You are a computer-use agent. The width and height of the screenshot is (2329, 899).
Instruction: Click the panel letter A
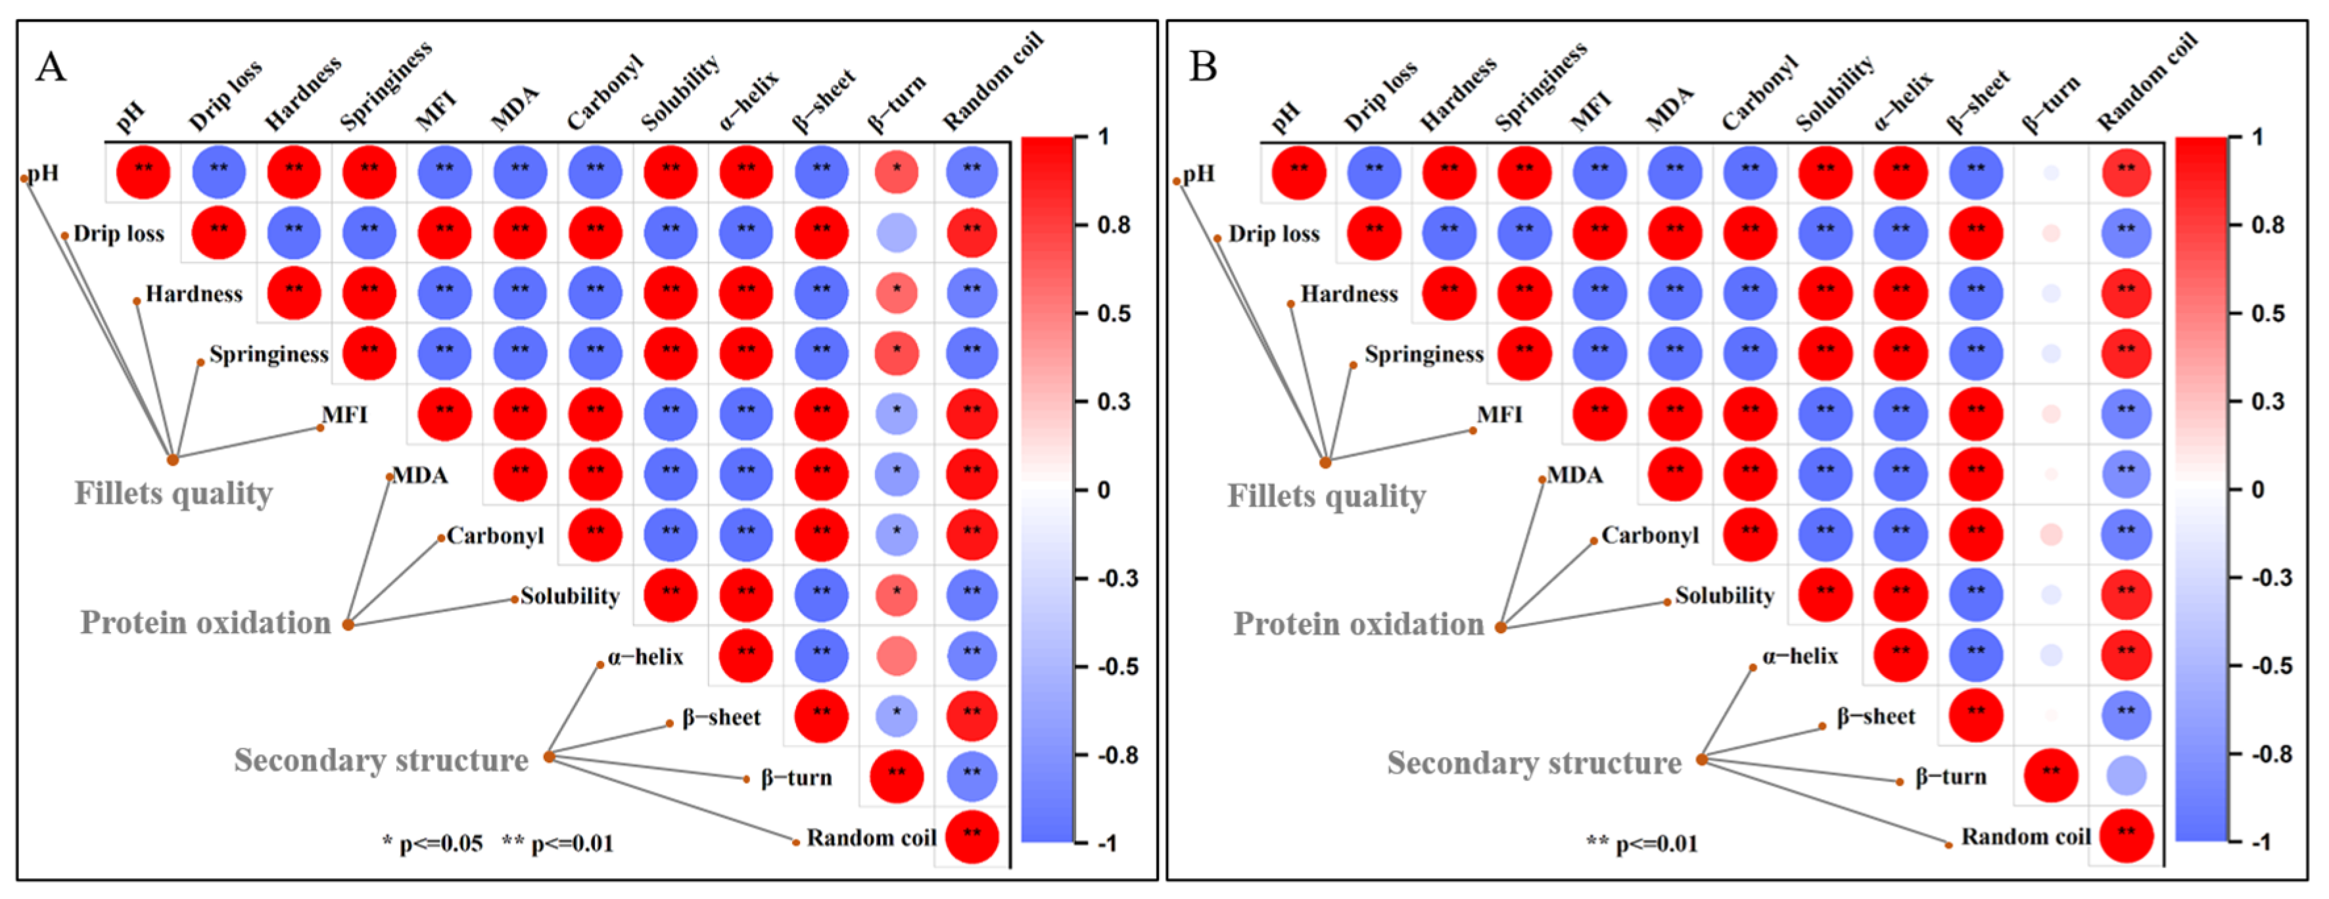(51, 68)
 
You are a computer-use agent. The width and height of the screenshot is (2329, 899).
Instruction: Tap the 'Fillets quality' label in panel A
(173, 494)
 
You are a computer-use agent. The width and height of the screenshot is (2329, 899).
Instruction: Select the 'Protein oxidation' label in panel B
(1358, 624)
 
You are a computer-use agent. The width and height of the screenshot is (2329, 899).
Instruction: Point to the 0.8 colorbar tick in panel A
(1114, 224)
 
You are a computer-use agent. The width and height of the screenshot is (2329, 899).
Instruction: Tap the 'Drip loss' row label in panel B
(1273, 234)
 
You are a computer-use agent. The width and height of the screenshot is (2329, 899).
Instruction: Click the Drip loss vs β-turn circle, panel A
(896, 232)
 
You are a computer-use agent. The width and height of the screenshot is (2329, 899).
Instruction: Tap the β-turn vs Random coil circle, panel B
(2126, 775)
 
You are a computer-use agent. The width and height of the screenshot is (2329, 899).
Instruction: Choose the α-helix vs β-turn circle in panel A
(896, 656)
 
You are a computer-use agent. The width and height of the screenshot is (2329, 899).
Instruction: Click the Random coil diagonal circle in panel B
(2126, 836)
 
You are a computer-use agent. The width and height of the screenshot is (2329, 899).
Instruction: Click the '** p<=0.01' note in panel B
(1642, 844)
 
